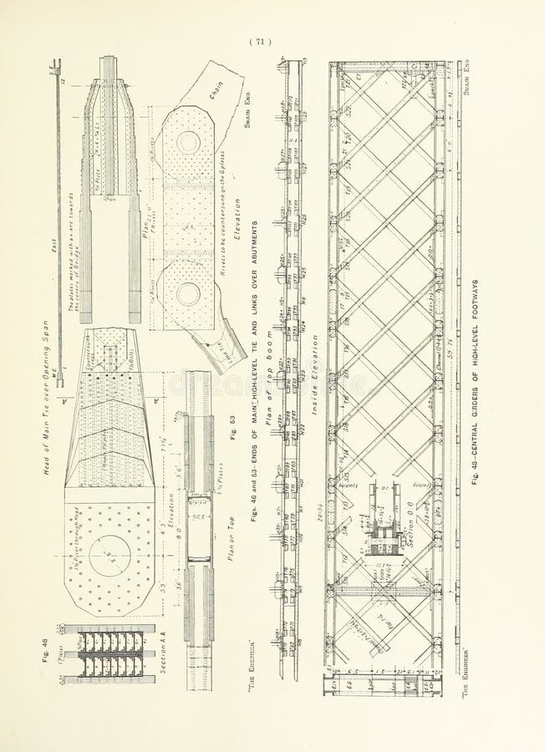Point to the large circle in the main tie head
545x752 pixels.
coord(110,556)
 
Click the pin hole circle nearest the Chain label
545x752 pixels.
coord(189,143)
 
